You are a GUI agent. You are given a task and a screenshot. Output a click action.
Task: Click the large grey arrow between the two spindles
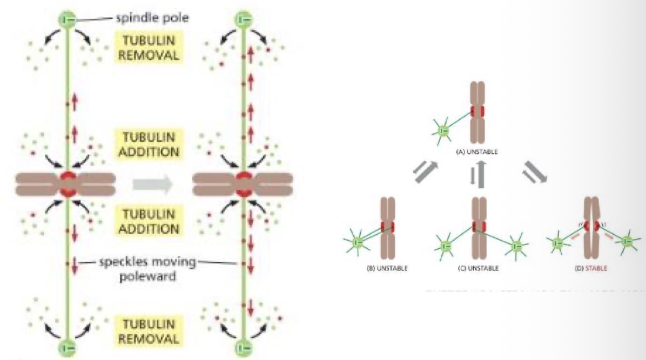[153, 185]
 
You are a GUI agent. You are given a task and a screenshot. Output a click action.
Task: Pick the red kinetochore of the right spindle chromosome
[243, 184]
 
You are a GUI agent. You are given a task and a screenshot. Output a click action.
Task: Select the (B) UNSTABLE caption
[387, 268]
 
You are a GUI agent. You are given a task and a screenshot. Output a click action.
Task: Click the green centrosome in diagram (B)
[357, 243]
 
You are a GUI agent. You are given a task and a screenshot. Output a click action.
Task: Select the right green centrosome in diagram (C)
[516, 247]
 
